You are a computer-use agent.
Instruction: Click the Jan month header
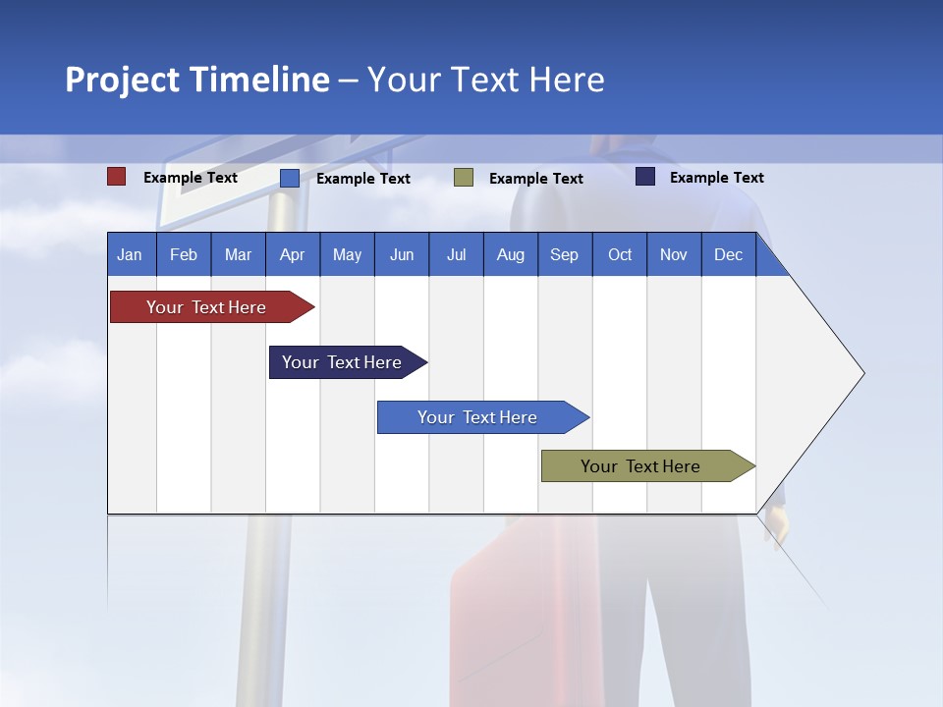(x=130, y=255)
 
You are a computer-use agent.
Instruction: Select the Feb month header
(x=184, y=255)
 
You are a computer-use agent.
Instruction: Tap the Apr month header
(x=292, y=255)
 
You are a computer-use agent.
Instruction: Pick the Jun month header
(x=402, y=255)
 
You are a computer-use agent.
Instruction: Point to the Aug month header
(x=510, y=255)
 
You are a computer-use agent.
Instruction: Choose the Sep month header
(x=564, y=255)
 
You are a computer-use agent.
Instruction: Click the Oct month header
(x=620, y=255)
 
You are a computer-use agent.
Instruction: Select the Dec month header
(x=728, y=255)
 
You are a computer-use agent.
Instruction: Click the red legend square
(x=117, y=177)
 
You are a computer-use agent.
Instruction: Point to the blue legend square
(x=290, y=178)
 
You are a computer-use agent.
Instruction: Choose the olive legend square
(x=464, y=178)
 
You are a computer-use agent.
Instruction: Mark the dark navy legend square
(x=645, y=177)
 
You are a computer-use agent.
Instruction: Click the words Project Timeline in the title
(x=197, y=80)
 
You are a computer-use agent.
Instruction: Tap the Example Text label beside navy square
(x=716, y=178)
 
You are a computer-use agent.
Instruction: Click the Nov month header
(x=674, y=255)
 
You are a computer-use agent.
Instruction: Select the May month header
(x=347, y=255)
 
